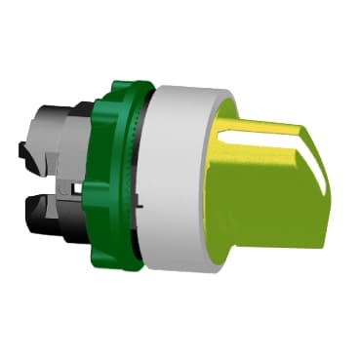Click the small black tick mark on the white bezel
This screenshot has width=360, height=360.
pyautogui.click(x=140, y=208)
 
